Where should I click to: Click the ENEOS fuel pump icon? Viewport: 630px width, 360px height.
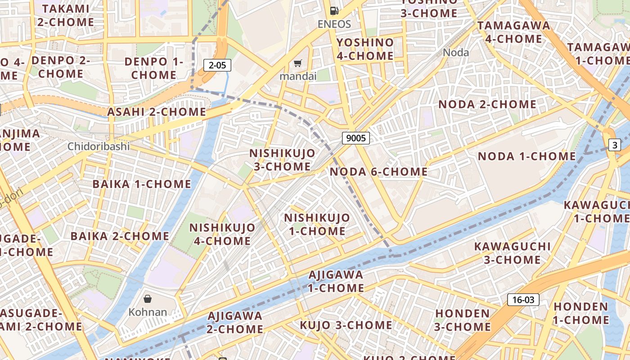click(x=334, y=11)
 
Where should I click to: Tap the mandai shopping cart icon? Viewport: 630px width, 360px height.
click(x=297, y=63)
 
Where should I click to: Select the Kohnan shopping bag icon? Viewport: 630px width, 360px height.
click(x=147, y=298)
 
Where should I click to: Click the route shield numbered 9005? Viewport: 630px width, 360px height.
click(x=356, y=138)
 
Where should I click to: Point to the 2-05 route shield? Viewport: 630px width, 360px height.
click(x=217, y=65)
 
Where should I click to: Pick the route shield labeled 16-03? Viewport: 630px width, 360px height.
click(x=523, y=300)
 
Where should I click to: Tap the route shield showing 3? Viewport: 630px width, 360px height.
click(x=614, y=145)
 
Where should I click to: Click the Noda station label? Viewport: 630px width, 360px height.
click(x=456, y=53)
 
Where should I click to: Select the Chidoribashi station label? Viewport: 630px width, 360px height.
click(x=99, y=146)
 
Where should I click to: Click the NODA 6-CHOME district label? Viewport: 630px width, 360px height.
click(x=378, y=171)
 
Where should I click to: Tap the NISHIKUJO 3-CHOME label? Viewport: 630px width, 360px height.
click(x=282, y=160)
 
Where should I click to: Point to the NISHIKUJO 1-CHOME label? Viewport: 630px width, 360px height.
click(x=317, y=225)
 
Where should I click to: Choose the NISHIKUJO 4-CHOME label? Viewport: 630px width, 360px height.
click(x=222, y=234)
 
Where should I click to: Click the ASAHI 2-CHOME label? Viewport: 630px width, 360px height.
click(x=156, y=112)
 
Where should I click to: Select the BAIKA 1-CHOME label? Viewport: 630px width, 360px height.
click(x=142, y=184)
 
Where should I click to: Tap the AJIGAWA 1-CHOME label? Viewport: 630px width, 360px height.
click(x=336, y=281)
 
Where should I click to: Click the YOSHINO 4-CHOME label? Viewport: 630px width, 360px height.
click(x=365, y=49)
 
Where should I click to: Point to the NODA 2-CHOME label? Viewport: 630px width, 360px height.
click(x=487, y=104)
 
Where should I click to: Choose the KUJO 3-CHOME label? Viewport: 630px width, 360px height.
click(x=346, y=325)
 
